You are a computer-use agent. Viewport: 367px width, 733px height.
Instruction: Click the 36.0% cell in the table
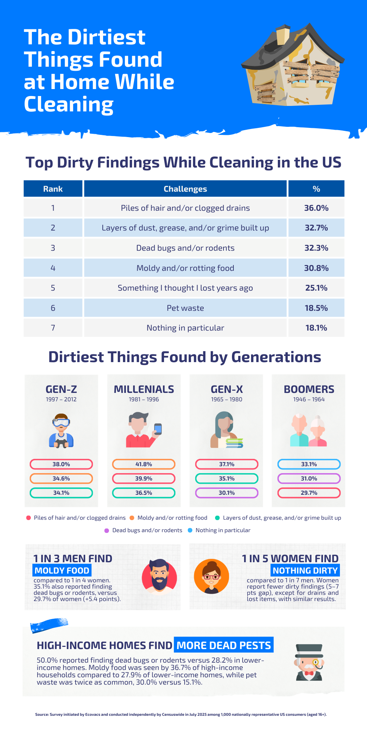tap(316, 208)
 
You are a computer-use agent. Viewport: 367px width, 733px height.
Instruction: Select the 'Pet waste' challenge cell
tap(185, 308)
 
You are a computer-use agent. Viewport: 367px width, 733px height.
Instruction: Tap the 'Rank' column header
tap(53, 189)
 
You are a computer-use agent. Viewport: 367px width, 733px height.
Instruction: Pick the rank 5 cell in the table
tap(53, 288)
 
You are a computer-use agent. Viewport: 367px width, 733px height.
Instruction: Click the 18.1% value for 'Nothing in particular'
tap(316, 328)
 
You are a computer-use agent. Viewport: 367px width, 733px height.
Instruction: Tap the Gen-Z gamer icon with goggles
tap(61, 431)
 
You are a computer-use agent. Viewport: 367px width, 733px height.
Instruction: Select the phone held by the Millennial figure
tap(158, 429)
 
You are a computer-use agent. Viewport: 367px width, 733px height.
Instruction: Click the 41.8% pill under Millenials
tap(143, 464)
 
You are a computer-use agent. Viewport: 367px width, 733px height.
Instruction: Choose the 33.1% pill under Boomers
tap(309, 464)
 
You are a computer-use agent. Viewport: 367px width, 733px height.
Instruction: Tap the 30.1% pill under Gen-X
tap(226, 493)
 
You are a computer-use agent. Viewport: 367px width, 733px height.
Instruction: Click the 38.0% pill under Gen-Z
tap(61, 464)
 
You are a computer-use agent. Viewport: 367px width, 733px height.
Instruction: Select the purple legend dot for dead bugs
tap(107, 530)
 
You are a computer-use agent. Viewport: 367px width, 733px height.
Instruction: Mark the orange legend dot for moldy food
tap(132, 518)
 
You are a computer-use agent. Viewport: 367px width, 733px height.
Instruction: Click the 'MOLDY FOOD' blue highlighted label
tap(62, 570)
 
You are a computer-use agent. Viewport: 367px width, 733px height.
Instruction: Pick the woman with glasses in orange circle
tap(211, 577)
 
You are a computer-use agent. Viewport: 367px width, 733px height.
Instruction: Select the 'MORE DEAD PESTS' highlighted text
tap(224, 645)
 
